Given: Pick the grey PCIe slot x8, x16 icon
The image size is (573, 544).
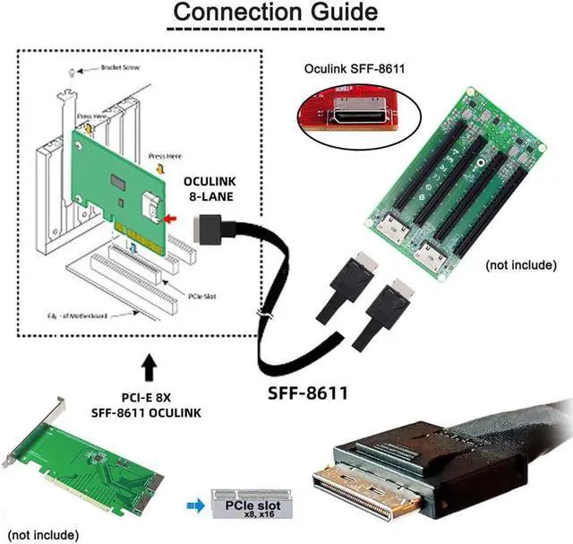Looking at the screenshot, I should [246, 505].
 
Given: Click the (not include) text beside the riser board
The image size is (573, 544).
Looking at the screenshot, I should [523, 265].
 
